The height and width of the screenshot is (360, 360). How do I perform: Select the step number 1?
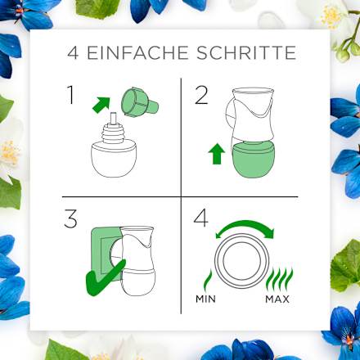72,97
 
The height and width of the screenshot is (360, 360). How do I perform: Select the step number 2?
201,97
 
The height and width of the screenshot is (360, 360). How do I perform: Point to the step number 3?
73,222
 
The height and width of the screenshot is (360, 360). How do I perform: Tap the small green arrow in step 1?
101,104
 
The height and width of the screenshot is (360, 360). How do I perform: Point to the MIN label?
206,299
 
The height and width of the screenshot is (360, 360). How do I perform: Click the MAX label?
277,299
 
